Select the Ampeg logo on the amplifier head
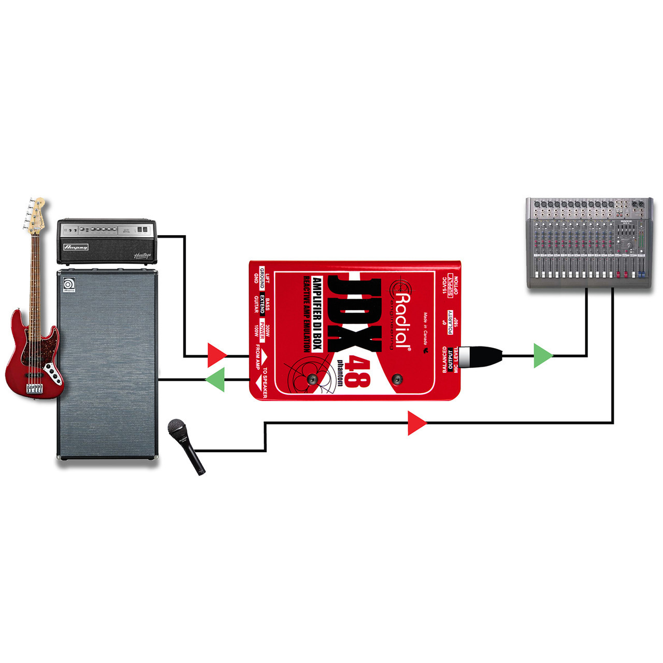point(76,247)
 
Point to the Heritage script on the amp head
point(142,255)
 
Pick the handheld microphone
point(186,446)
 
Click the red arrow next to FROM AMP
point(217,356)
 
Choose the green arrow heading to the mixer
point(543,356)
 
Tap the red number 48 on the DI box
point(357,372)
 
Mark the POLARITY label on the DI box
point(450,322)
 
